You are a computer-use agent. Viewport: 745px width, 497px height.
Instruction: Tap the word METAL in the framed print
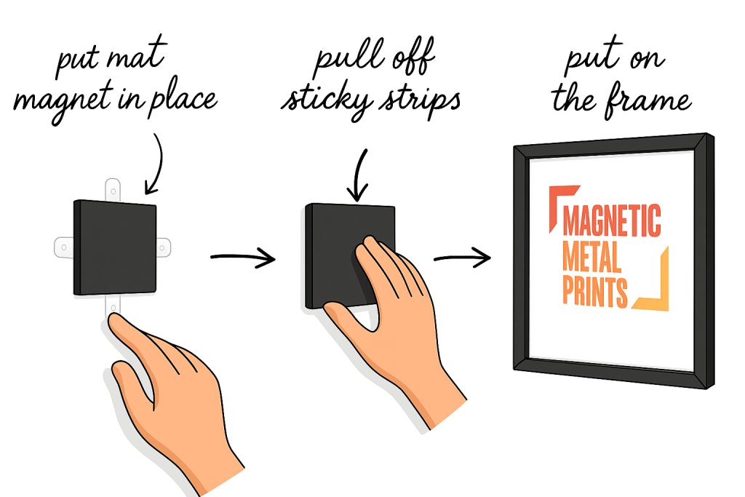[x=592, y=257]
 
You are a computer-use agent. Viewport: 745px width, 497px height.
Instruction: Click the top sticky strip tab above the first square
[x=113, y=190]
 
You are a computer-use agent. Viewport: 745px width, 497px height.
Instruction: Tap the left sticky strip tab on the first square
[x=64, y=247]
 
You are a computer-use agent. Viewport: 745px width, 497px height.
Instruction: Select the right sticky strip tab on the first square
[x=163, y=247]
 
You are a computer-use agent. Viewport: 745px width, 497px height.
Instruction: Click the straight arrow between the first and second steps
[x=243, y=258]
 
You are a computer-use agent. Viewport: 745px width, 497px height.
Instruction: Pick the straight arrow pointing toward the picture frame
[x=462, y=258]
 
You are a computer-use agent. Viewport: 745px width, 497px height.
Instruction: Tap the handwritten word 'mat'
[x=137, y=55]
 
